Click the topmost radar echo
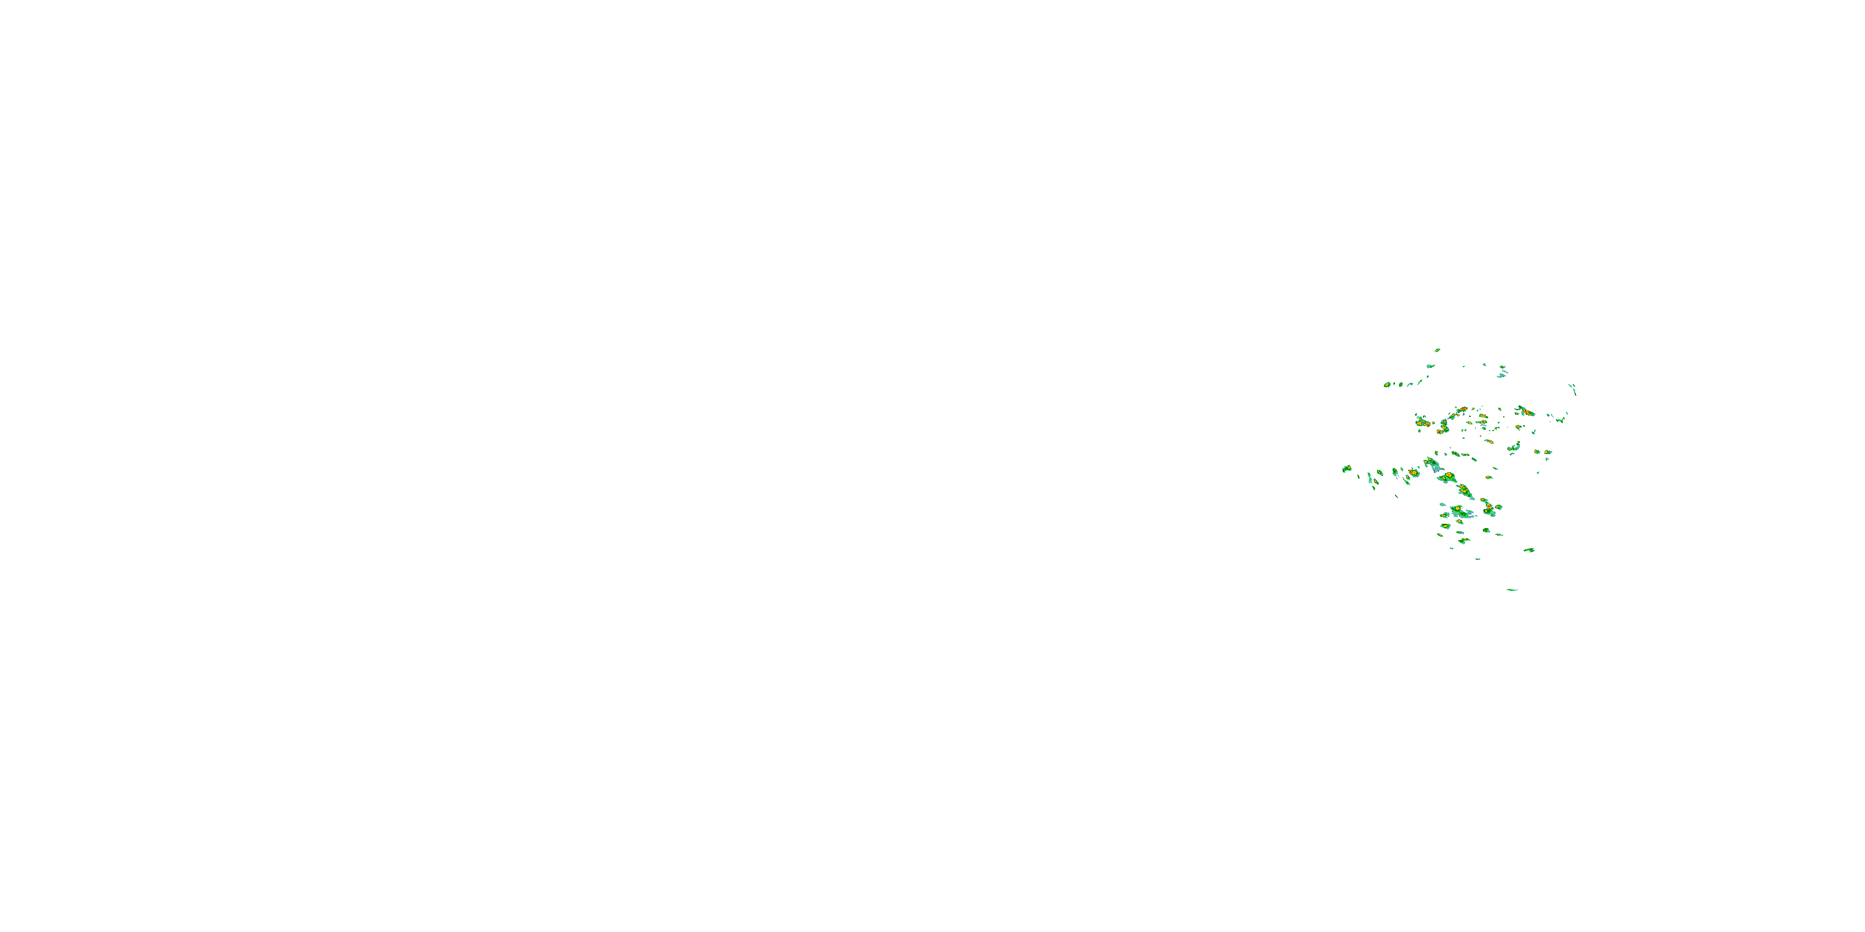pyautogui.click(x=1437, y=349)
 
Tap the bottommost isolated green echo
pyautogui.click(x=1512, y=590)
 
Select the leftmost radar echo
pyautogui.click(x=1347, y=469)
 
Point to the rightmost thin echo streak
pyautogui.click(x=1573, y=390)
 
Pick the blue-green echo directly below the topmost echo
pyautogui.click(x=1430, y=365)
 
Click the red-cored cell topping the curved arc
pyautogui.click(x=1462, y=410)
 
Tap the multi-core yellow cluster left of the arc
pyautogui.click(x=1422, y=421)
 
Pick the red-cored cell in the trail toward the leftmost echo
pyautogui.click(x=1412, y=472)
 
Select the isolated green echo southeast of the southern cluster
pyautogui.click(x=1529, y=550)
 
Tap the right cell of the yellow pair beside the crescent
pyautogui.click(x=1547, y=452)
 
